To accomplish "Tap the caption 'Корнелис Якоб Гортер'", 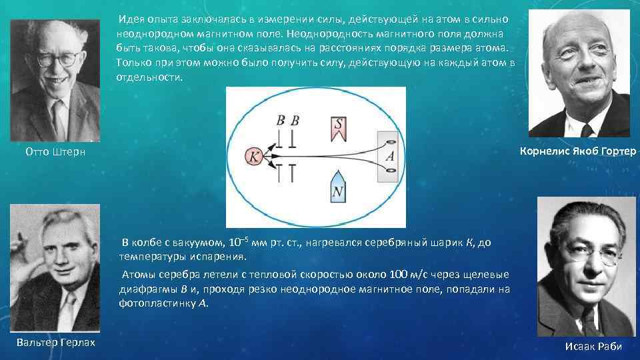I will tap(577, 151).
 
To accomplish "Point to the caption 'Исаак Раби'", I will tap(593, 346).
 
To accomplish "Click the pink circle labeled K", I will tap(255, 157).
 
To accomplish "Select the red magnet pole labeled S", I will tap(339, 128).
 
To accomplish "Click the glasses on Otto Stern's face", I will tap(59, 58).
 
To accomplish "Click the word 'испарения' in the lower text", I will tap(222, 256).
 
